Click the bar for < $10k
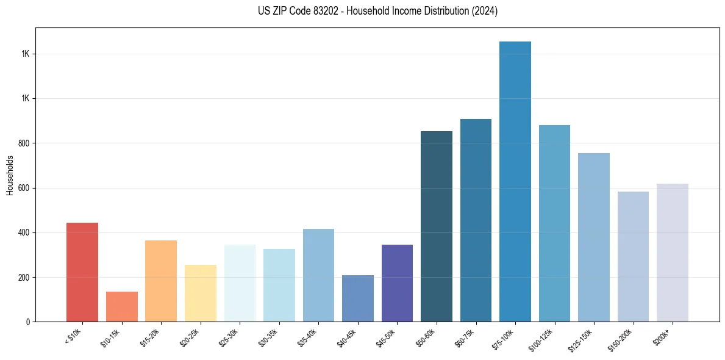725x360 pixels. click(82, 272)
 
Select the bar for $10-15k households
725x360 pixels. click(122, 306)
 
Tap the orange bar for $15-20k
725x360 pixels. click(161, 281)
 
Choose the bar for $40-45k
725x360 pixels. click(358, 298)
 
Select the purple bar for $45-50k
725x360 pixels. click(397, 283)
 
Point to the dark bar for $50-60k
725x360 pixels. click(437, 226)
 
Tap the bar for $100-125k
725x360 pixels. click(554, 223)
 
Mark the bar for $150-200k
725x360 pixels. click(633, 256)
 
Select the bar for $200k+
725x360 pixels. click(673, 253)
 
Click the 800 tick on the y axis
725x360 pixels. click(25, 143)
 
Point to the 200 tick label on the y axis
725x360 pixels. click(25, 278)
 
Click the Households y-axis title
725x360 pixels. click(10, 175)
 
